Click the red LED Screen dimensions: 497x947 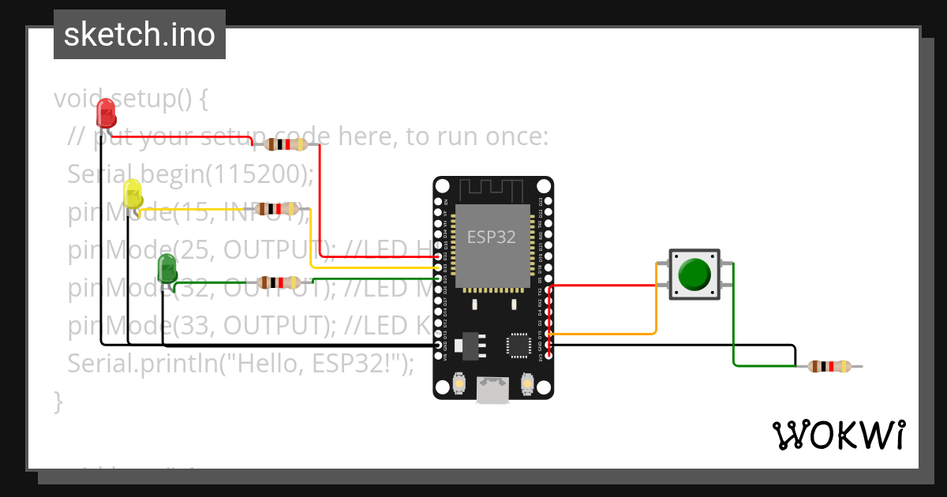pos(106,113)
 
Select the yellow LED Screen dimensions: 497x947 pos(133,194)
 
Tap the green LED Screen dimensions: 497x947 pos(167,269)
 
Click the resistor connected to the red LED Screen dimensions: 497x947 pos(285,144)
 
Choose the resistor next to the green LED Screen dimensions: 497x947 pos(279,282)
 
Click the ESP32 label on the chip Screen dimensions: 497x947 pos(492,237)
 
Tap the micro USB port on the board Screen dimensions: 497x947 pos(492,390)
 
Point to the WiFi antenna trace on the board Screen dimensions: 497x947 pos(492,189)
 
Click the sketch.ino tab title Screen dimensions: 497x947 pos(140,35)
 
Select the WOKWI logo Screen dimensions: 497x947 pos(838,435)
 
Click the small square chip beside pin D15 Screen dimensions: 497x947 pos(519,344)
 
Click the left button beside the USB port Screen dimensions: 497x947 pos(459,385)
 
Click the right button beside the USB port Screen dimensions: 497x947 pos(527,385)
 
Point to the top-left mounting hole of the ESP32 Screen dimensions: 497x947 pos(443,186)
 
